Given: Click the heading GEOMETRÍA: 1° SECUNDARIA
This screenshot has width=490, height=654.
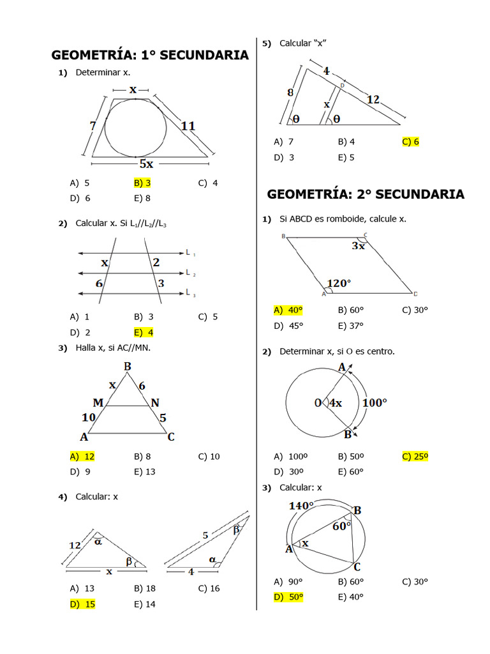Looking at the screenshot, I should [x=150, y=55].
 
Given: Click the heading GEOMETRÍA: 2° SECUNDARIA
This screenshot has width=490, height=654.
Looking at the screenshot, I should [x=366, y=194].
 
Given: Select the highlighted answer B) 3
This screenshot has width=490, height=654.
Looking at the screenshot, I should [x=142, y=183].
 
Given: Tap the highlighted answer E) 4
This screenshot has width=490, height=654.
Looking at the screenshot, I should [x=144, y=332].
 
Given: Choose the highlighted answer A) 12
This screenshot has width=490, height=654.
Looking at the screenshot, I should [x=82, y=456].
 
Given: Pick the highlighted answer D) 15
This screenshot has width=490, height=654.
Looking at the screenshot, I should [x=82, y=604].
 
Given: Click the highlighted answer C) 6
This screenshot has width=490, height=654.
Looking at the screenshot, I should [x=410, y=141].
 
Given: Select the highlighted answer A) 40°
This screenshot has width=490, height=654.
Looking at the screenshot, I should [x=288, y=310].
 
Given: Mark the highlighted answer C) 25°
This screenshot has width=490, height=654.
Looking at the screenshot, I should [x=415, y=456].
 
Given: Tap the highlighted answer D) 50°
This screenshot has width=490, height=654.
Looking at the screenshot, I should [x=288, y=597].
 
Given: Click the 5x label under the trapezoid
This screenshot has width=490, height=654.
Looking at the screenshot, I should [x=146, y=163].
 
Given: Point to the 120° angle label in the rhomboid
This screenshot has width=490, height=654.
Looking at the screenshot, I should [x=339, y=283].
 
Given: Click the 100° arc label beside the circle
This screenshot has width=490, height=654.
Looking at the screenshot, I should [x=375, y=403].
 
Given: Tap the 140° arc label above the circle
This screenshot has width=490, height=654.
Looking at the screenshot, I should [x=301, y=506].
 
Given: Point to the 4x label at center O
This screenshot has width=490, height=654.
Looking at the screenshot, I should [x=335, y=403].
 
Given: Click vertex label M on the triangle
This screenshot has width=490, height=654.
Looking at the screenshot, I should [x=98, y=403].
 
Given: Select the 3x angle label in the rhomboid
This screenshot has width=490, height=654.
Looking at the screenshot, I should [x=358, y=246].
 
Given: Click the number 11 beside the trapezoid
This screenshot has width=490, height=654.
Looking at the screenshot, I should [x=188, y=126].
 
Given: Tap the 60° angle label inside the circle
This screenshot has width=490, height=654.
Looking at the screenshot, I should [x=341, y=526].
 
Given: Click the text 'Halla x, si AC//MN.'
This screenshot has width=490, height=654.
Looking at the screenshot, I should [x=113, y=347].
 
